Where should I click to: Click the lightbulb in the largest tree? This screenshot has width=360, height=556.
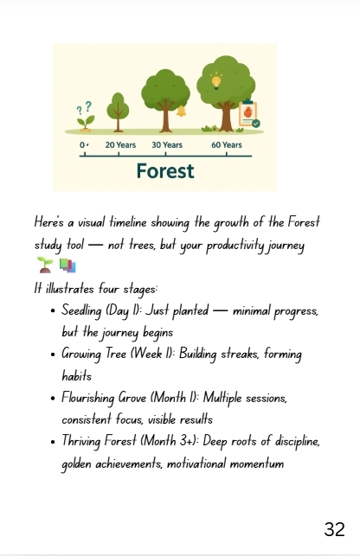(216, 81)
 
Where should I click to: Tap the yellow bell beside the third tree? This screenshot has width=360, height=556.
(182, 111)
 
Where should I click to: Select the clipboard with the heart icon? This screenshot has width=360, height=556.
(248, 113)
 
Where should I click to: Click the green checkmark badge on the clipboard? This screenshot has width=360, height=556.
(256, 124)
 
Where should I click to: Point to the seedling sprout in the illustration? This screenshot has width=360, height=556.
(86, 123)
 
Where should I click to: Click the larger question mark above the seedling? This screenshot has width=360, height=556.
(88, 105)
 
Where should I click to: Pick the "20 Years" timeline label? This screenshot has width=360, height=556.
(120, 145)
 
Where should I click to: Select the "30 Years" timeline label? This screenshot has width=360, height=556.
(167, 145)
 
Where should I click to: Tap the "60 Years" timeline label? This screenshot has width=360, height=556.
(227, 145)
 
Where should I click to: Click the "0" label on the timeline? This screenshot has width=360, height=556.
(82, 145)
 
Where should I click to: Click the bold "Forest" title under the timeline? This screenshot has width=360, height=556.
(165, 171)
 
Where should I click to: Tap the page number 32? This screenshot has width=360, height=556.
(334, 529)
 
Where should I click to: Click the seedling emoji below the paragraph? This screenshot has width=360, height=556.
(45, 265)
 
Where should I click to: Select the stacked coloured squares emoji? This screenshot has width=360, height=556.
(67, 265)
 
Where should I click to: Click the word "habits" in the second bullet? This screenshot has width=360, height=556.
(76, 375)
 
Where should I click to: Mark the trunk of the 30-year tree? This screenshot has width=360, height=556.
(165, 116)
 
